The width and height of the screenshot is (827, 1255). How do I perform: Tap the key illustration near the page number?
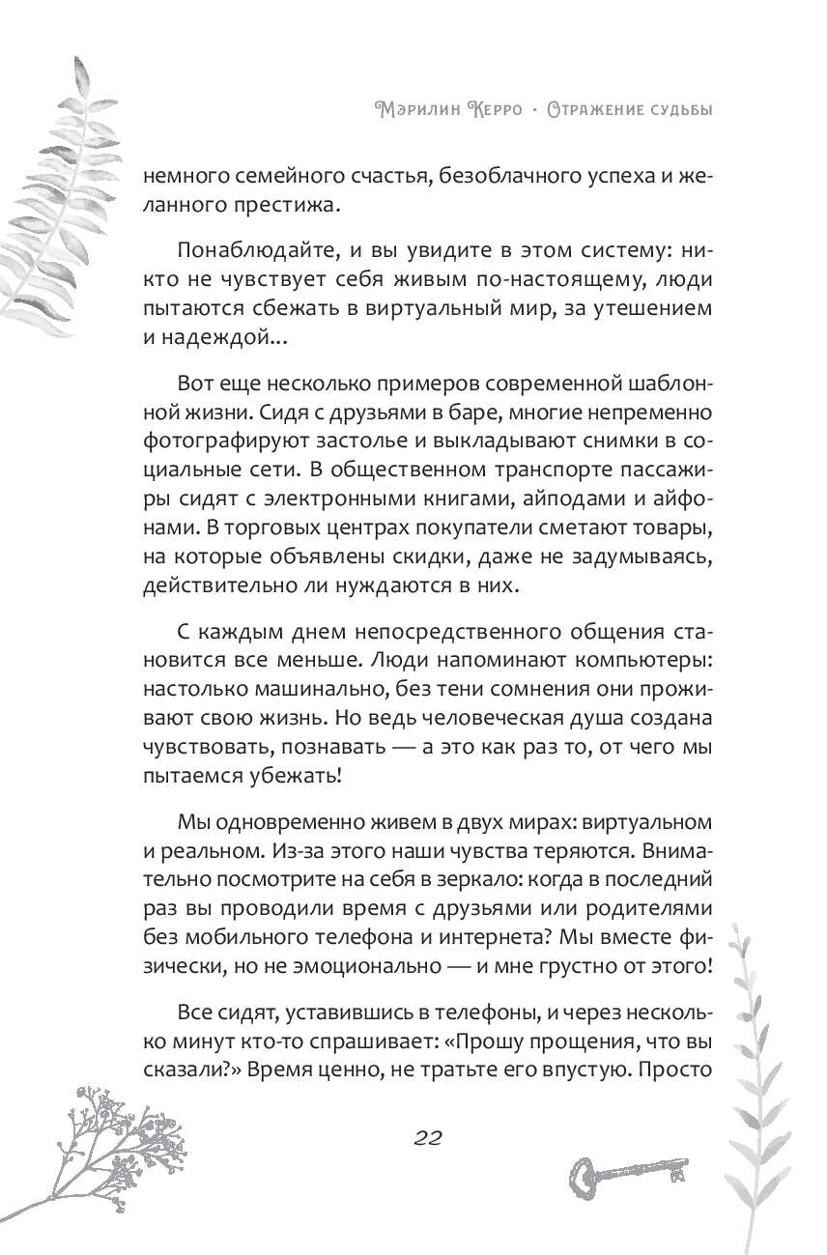(627, 1175)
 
